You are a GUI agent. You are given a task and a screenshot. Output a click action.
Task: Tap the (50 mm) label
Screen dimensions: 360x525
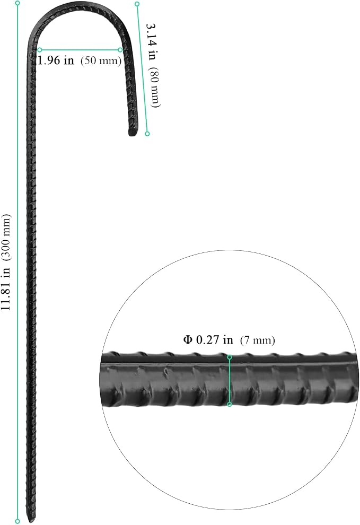point(101,60)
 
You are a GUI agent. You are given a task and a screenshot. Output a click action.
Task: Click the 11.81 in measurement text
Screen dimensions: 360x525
point(6,289)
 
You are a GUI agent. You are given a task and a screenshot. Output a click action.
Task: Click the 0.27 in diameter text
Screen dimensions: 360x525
point(214,339)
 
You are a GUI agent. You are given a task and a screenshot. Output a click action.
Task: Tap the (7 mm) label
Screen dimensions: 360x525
point(258,340)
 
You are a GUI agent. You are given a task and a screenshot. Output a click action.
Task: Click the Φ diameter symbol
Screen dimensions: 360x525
point(188,339)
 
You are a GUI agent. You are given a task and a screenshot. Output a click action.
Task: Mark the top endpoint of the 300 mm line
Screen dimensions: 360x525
point(17,3)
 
